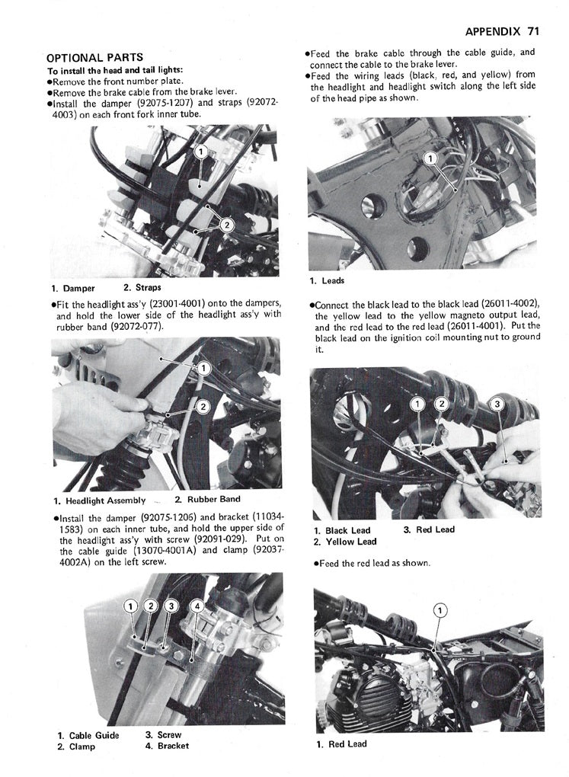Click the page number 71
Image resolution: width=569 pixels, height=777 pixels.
(532, 31)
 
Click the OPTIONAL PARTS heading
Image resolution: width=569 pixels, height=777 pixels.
(94, 58)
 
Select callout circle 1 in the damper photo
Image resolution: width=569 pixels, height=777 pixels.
(201, 152)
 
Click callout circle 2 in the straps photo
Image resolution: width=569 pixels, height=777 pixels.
(225, 223)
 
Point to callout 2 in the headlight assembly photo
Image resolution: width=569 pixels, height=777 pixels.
(203, 406)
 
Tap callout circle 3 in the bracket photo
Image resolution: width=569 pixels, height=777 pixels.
(170, 606)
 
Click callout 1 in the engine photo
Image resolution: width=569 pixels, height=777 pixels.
(440, 609)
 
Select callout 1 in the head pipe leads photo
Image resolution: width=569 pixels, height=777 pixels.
(429, 158)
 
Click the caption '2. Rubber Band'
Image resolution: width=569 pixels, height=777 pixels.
(207, 500)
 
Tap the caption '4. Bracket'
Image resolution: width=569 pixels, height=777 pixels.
(167, 747)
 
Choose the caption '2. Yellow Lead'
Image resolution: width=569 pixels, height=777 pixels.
(345, 542)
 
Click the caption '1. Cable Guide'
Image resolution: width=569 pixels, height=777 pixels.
(88, 736)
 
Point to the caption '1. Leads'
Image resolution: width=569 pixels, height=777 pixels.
(328, 281)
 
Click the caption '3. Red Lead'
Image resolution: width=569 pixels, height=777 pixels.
(429, 530)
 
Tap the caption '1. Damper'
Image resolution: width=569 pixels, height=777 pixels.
(74, 288)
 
